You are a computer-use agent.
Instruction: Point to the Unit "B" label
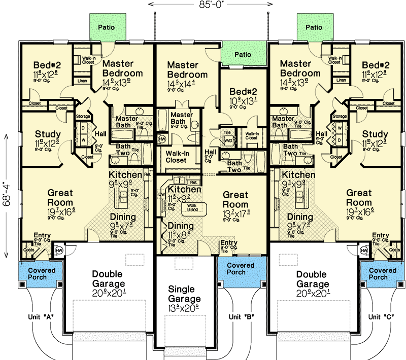241,317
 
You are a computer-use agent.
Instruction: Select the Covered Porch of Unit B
241,269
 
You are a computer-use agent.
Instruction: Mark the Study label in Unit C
376,134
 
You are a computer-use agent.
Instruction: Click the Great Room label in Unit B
236,199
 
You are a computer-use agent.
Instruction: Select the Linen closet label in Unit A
82,80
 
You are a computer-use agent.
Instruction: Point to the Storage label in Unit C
340,116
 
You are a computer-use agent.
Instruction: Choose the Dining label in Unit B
181,226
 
